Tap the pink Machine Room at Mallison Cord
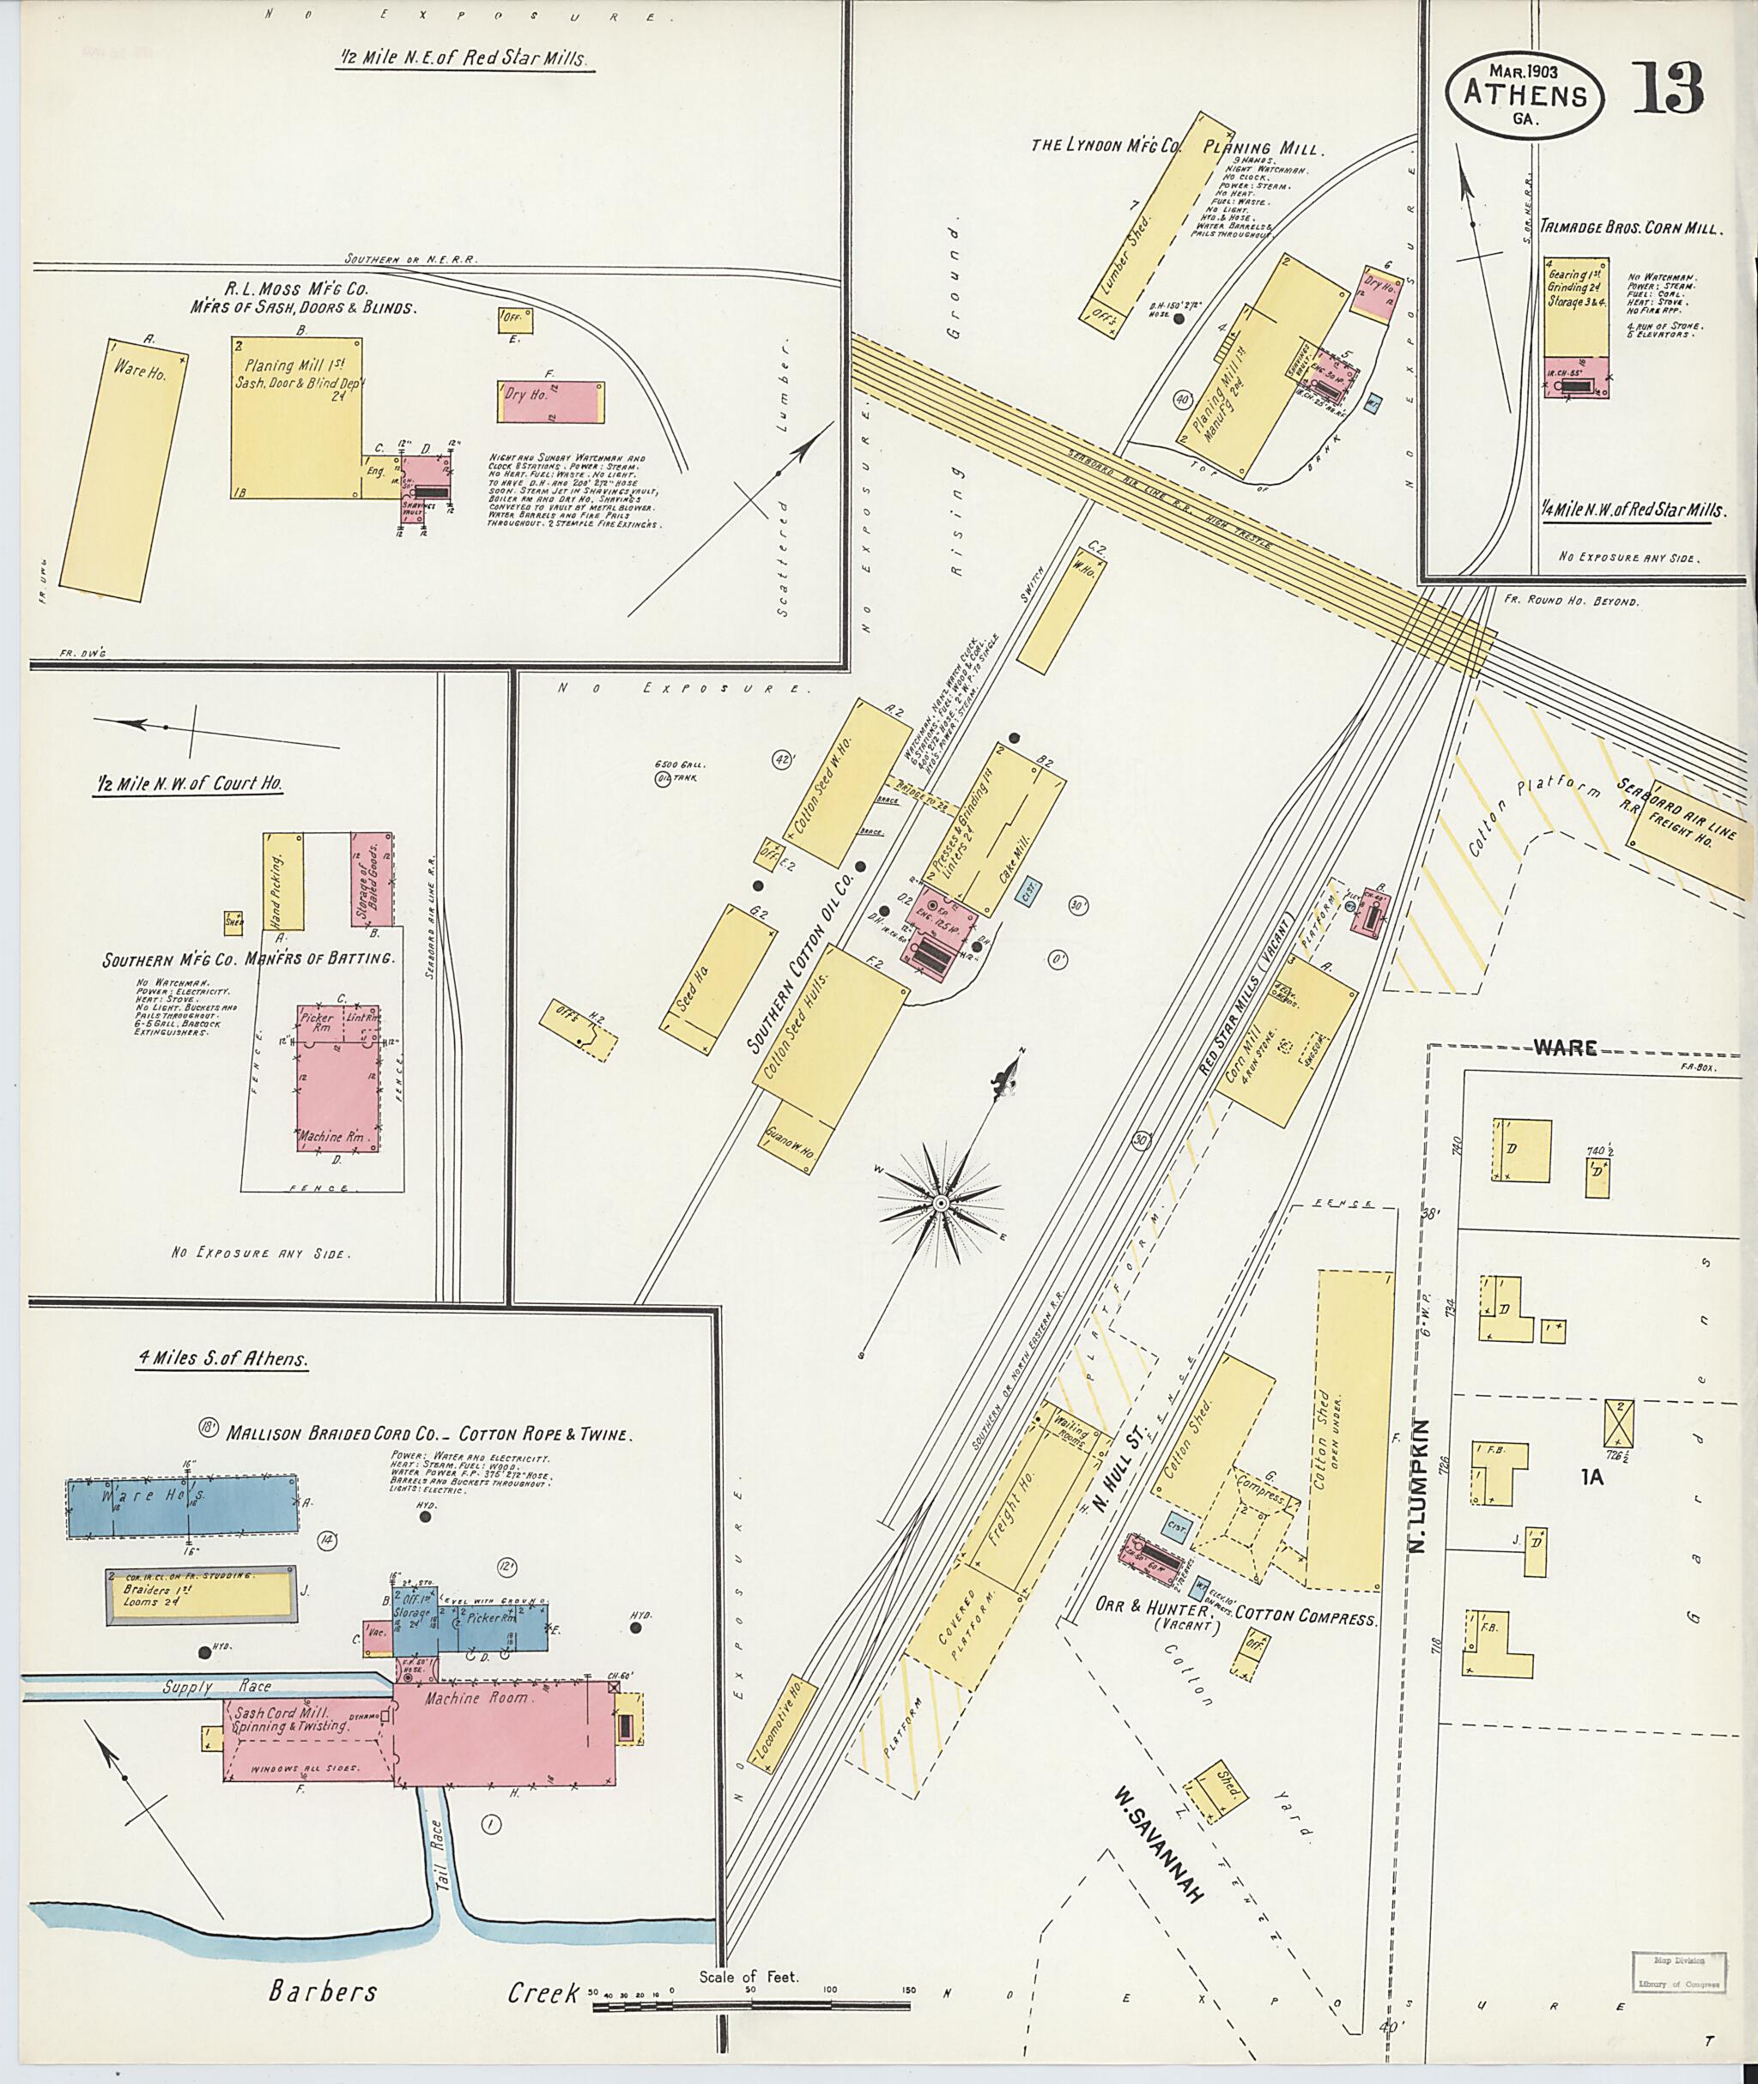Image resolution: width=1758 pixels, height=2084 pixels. pyautogui.click(x=503, y=1732)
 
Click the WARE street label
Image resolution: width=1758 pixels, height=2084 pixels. pyautogui.click(x=1566, y=1047)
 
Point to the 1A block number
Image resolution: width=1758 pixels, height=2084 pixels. pyautogui.click(x=1591, y=1477)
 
